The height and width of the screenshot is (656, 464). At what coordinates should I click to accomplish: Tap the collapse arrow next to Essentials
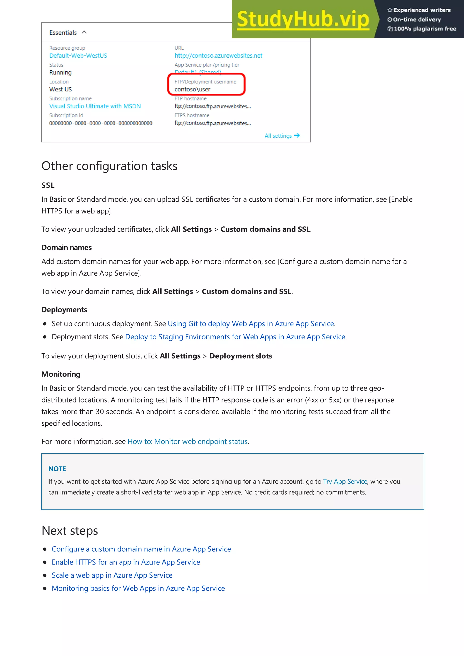[84, 32]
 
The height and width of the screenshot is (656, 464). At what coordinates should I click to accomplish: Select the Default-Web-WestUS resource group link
[78, 56]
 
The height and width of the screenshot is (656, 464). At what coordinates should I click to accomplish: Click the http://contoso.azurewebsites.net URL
[218, 56]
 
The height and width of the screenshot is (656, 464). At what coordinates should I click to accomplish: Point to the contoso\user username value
[192, 89]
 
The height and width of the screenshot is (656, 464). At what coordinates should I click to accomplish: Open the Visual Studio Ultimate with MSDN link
[95, 106]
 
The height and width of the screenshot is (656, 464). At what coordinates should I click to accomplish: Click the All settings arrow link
[282, 136]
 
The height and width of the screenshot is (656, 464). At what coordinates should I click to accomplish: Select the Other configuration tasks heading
[109, 166]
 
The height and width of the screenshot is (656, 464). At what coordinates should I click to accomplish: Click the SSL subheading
[48, 185]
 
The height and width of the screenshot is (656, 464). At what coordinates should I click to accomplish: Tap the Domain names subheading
[66, 247]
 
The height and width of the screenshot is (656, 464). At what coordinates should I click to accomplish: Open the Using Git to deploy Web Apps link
[251, 324]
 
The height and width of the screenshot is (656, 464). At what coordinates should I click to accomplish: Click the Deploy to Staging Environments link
[235, 337]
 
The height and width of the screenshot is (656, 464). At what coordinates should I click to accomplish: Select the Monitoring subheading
[61, 374]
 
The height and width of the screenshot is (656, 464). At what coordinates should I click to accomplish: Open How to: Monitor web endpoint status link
[188, 442]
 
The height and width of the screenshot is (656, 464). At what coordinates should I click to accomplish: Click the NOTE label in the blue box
[57, 469]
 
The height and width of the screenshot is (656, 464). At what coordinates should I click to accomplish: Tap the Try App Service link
[345, 482]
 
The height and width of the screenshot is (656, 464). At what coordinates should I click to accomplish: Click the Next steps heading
[70, 531]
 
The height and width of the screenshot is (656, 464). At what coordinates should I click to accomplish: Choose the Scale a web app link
[112, 575]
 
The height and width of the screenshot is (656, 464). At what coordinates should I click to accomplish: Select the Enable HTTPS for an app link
[126, 562]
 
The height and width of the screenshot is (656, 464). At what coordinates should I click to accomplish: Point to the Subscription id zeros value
[101, 123]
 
